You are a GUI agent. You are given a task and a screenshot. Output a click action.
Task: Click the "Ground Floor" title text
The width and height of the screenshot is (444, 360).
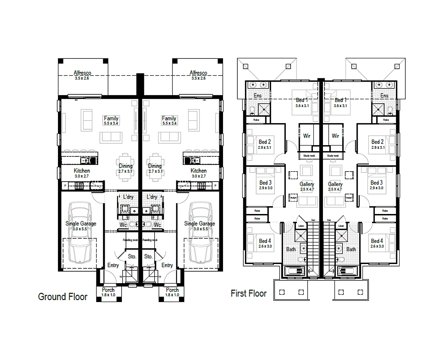pyautogui.click(x=62, y=297)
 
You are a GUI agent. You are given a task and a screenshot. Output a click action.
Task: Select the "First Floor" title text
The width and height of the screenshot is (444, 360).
pyautogui.click(x=248, y=294)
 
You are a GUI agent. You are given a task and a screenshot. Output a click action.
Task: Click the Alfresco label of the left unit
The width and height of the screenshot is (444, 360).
pyautogui.click(x=83, y=73)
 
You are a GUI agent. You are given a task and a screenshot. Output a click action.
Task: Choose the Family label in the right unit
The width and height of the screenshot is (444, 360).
pyautogui.click(x=169, y=118)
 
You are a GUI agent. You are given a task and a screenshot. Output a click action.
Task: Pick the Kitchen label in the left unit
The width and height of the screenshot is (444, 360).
pyautogui.click(x=82, y=171)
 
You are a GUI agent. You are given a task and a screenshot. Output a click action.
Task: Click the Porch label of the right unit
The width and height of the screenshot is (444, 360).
pyautogui.click(x=172, y=290)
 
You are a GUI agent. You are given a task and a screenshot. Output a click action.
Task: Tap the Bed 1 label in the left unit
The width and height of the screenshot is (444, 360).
pyautogui.click(x=302, y=100)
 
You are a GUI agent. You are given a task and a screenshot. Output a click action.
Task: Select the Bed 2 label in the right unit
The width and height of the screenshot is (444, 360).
pyautogui.click(x=377, y=142)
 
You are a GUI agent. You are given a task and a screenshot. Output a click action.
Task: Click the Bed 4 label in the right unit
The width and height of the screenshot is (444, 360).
pyautogui.click(x=377, y=241)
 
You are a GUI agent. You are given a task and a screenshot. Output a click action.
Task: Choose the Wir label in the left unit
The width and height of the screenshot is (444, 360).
pyautogui.click(x=307, y=136)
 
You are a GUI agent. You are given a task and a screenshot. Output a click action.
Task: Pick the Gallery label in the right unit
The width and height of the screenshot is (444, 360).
pyautogui.click(x=335, y=184)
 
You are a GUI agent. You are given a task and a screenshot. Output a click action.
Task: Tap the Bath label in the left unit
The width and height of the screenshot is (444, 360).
pyautogui.click(x=291, y=249)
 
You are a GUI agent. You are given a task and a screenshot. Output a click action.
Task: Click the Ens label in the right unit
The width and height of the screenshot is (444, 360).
pyautogui.click(x=384, y=96)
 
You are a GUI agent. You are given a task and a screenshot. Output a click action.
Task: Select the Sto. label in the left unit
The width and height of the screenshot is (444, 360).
pyautogui.click(x=132, y=256)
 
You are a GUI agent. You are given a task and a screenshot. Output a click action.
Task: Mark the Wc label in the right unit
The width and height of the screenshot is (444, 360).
pyautogui.click(x=157, y=225)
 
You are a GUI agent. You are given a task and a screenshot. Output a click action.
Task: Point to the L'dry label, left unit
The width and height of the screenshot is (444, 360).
pyautogui.click(x=128, y=197)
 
